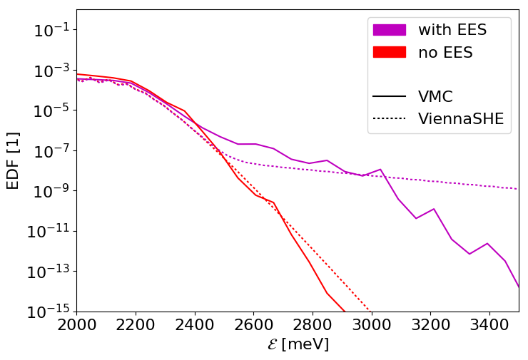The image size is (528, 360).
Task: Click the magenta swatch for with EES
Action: coord(389,30)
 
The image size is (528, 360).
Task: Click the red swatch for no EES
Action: coord(389,52)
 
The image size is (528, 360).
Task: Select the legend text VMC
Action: coord(435,97)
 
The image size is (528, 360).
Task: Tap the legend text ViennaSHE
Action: coord(460,119)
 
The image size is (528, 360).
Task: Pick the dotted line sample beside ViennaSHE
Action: coord(389,119)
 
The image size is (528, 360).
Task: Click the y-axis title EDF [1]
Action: coord(13,160)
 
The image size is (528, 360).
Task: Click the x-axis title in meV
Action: coord(298,344)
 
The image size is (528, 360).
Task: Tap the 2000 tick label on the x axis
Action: coord(76,324)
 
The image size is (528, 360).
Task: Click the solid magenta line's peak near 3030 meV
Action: coord(380,169)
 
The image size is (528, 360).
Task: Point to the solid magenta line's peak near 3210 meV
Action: coord(434,209)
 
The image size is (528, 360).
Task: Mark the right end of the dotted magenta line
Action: coord(518,189)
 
